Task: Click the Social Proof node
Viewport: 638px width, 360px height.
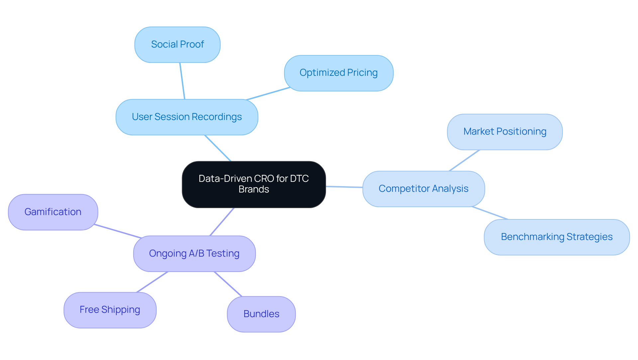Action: pyautogui.click(x=177, y=45)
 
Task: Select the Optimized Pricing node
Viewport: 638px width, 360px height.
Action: pyautogui.click(x=339, y=73)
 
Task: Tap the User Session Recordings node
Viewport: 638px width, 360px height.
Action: pyautogui.click(x=187, y=117)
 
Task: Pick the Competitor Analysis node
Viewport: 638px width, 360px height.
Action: pyautogui.click(x=423, y=189)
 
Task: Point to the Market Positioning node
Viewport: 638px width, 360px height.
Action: pyautogui.click(x=504, y=132)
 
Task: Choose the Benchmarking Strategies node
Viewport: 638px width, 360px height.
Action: pyautogui.click(x=557, y=237)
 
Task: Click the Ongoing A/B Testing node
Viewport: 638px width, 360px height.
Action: pyautogui.click(x=194, y=254)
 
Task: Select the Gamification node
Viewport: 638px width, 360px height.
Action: pyautogui.click(x=53, y=212)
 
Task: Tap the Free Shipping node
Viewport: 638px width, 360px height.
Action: pyautogui.click(x=110, y=310)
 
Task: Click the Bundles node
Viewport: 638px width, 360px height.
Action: pyautogui.click(x=261, y=314)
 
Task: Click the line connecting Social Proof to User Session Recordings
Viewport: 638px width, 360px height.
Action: pyautogui.click(x=182, y=81)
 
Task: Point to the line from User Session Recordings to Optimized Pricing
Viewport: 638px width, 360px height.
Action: pyautogui.click(x=268, y=94)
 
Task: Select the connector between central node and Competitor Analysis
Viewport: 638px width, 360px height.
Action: pyautogui.click(x=344, y=187)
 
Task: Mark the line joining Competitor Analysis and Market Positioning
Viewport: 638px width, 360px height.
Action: pyautogui.click(x=464, y=161)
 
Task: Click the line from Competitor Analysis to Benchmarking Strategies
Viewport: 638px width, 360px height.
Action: pyautogui.click(x=490, y=213)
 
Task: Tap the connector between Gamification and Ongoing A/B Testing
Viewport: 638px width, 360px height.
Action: pyautogui.click(x=118, y=231)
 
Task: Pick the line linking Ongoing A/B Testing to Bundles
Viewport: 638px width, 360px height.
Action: pyautogui.click(x=228, y=284)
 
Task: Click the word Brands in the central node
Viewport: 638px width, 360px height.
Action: pyautogui.click(x=254, y=189)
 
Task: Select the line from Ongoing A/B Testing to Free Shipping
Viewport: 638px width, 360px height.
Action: pyautogui.click(x=152, y=282)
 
